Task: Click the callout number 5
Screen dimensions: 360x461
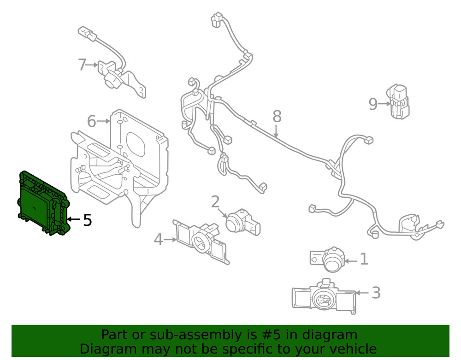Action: point(88,220)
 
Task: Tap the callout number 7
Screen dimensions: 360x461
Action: point(82,65)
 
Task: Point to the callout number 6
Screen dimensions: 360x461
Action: point(91,122)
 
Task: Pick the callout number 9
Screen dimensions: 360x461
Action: point(373,104)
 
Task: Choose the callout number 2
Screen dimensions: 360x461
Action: point(215,202)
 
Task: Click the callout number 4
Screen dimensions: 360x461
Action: point(158,239)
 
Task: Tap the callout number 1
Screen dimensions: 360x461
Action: point(364,260)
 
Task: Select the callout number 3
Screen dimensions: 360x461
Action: point(376,292)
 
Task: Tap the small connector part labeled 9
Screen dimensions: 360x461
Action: point(399,102)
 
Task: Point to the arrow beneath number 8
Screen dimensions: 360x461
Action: point(276,131)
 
